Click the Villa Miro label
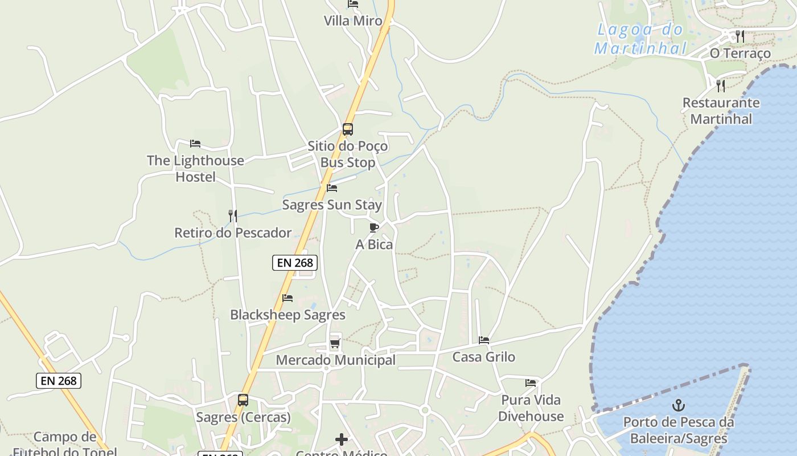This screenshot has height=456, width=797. (x=353, y=21)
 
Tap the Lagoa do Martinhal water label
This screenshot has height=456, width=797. (x=640, y=39)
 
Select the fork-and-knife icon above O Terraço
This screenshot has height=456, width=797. (x=740, y=36)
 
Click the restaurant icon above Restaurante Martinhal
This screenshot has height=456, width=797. (x=721, y=86)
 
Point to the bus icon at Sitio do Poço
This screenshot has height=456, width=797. (x=348, y=129)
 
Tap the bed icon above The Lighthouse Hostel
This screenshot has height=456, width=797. (x=195, y=144)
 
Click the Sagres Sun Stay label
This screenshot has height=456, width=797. (x=332, y=205)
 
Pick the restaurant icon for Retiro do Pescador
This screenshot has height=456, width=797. (x=232, y=216)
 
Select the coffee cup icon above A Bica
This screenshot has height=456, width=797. (x=374, y=228)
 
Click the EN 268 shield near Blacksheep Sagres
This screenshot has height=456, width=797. (x=294, y=263)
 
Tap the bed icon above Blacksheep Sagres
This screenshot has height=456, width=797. (x=287, y=298)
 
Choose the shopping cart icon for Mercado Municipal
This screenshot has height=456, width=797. (x=335, y=343)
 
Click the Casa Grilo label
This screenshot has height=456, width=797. (x=483, y=357)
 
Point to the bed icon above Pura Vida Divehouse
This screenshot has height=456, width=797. (x=531, y=383)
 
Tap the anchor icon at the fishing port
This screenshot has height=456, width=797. (x=678, y=406)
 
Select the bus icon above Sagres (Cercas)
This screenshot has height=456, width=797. (x=243, y=400)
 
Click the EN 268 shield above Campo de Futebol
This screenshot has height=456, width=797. (x=59, y=381)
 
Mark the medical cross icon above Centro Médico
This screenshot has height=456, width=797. (x=341, y=439)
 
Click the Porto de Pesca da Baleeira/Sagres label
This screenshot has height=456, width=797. (x=678, y=430)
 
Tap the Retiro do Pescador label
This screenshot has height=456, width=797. (x=232, y=233)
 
